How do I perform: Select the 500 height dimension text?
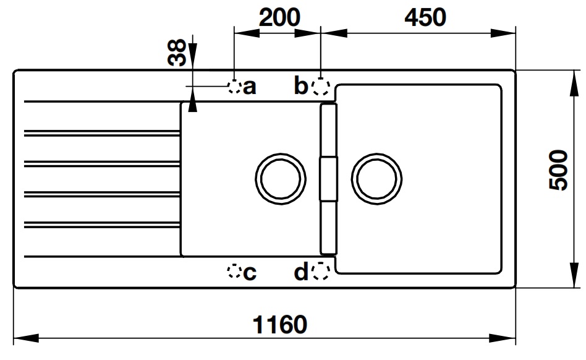[559, 170]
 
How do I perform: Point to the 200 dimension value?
[279, 17]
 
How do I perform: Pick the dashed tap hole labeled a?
[234, 87]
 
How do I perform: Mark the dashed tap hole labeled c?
[234, 271]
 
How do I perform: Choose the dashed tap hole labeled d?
[320, 271]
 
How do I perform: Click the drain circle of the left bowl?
[281, 178]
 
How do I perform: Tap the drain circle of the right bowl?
[376, 178]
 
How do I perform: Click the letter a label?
[249, 87]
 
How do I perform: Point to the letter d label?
[301, 272]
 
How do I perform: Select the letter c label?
[249, 273]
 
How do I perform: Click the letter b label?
[301, 86]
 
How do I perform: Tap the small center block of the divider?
[328, 178]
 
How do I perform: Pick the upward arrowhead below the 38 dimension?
[193, 105]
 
